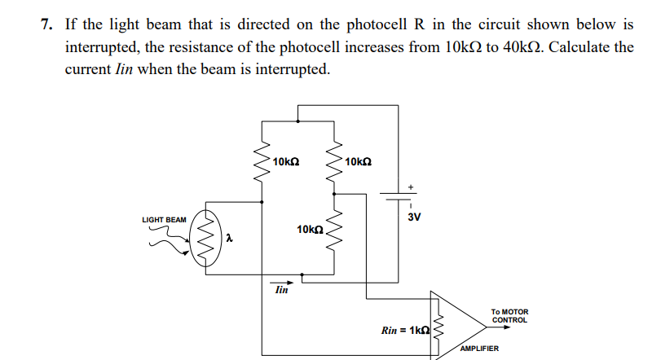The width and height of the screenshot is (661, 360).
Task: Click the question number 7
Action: tap(47, 24)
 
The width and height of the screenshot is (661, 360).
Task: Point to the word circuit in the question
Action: tap(481, 24)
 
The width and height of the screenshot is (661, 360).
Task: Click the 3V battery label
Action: tap(413, 217)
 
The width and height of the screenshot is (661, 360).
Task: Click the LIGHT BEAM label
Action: tap(164, 220)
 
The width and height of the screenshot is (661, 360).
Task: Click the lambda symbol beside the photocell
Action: tap(230, 239)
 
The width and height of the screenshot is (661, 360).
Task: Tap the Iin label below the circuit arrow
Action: tap(281, 290)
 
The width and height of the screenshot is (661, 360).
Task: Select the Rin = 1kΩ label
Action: tap(404, 331)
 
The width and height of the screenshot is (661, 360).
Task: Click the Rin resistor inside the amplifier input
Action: tap(438, 327)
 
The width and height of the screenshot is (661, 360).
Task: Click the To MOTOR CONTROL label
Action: tap(509, 316)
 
